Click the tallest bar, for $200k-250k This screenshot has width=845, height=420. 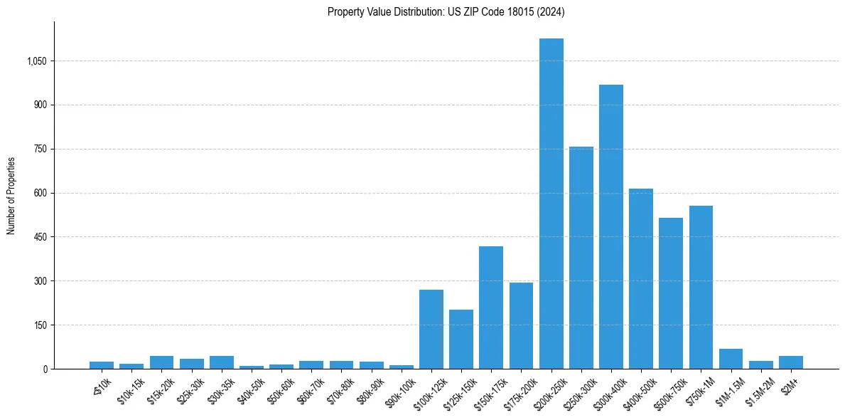point(551,204)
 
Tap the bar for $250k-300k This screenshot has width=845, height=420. point(581,258)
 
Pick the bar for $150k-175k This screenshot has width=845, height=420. point(491,308)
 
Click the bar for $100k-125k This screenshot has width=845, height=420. point(431,329)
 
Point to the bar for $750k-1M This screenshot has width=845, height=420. point(701,287)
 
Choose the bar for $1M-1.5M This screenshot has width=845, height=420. point(731,359)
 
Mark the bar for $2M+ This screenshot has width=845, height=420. point(790,362)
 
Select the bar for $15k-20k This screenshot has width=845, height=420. point(161,362)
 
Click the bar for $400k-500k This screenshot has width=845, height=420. point(641,278)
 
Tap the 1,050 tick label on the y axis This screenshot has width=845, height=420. point(36,61)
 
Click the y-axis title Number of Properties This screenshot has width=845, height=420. point(11,195)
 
